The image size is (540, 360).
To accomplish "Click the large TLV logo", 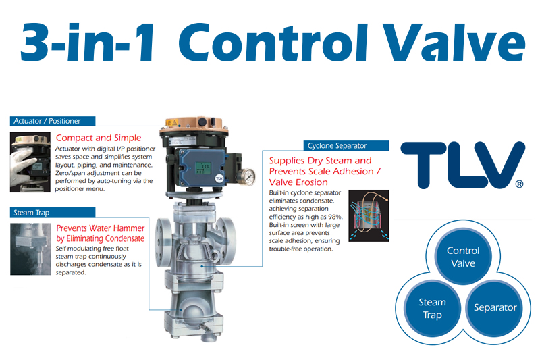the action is [462, 165].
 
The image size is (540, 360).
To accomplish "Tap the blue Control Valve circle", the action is [463, 257].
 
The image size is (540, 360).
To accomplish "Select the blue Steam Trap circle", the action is [432, 308].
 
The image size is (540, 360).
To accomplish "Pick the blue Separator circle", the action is [495, 307].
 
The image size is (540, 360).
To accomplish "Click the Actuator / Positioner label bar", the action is [53, 121].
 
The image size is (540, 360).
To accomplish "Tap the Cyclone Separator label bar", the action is [346, 146].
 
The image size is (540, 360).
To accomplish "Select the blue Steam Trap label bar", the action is [53, 213].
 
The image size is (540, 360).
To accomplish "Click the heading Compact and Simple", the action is [99, 138].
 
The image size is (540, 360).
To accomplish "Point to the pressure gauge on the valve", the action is [246, 176].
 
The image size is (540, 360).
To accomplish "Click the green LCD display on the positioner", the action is [203, 168].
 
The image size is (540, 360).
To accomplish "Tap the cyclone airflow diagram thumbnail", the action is [369, 215].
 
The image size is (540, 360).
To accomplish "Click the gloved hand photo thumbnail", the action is [30, 162].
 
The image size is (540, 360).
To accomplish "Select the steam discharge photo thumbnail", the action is [30, 249].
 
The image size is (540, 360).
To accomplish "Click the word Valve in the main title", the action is [454, 43].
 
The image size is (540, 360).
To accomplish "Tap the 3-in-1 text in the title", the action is [88, 43].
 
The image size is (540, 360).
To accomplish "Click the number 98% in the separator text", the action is [335, 217].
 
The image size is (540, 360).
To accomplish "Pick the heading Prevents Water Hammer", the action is [101, 228].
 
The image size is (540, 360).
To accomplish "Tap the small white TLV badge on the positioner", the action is [219, 178].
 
